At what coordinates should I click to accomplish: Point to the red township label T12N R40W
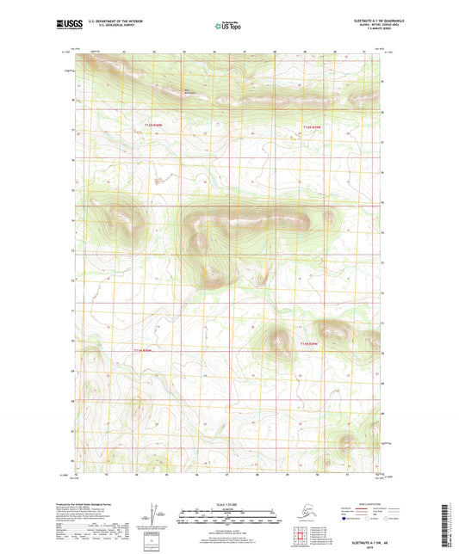point(153,126)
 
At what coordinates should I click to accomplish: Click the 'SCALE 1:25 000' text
point(228,503)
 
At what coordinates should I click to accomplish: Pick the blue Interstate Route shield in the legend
point(346,518)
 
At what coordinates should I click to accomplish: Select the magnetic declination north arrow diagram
point(160,515)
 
